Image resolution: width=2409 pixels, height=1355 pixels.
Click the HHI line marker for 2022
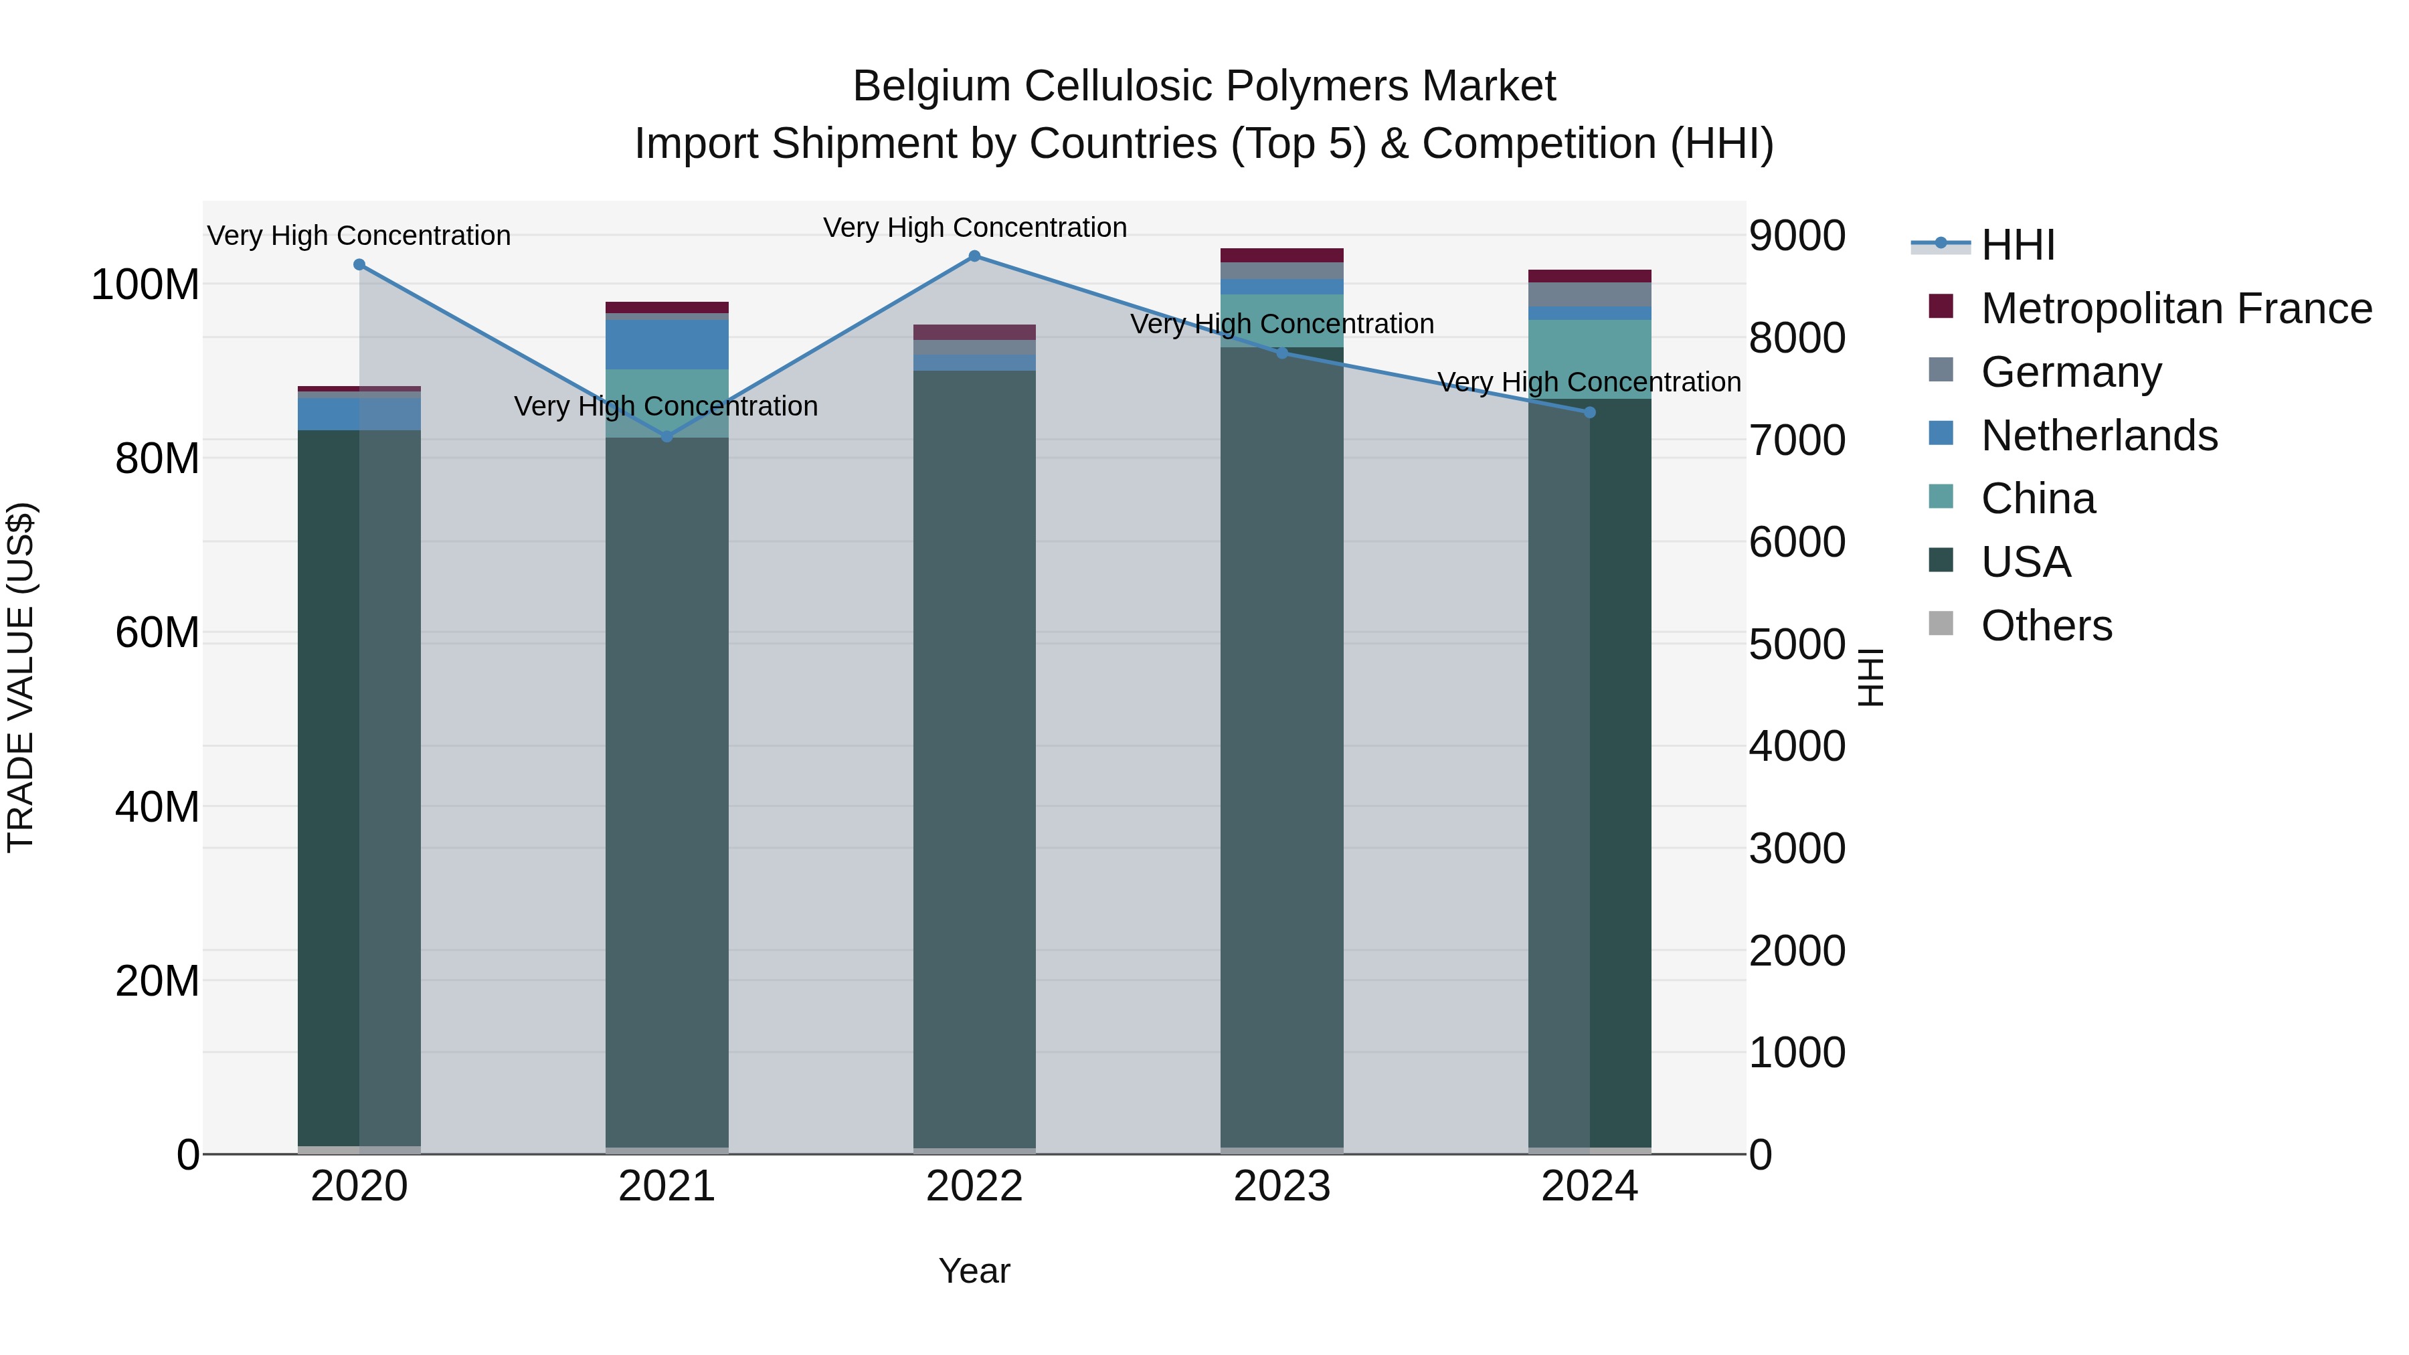974,256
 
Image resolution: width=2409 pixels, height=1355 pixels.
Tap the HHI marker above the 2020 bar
359,264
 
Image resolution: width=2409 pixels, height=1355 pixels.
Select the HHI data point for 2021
666,437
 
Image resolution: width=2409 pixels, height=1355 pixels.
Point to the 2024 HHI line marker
1590,412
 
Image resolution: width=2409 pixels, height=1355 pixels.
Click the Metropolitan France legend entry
2175,308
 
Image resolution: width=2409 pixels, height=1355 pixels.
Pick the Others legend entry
2046,626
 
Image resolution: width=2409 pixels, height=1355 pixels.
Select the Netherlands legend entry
2099,436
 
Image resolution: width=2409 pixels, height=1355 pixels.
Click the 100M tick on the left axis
145,284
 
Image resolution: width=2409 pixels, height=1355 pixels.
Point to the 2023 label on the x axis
1282,1186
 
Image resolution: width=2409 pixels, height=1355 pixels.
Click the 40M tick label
157,807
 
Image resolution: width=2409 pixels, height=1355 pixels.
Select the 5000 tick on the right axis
1797,644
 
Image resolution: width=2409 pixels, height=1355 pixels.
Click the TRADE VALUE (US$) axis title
21,677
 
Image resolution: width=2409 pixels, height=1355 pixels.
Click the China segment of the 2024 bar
1590,359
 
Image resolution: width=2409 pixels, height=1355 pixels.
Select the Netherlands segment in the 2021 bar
666,344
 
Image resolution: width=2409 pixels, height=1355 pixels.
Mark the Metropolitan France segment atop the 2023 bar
1282,256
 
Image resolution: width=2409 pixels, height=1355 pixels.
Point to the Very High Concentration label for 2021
666,407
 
